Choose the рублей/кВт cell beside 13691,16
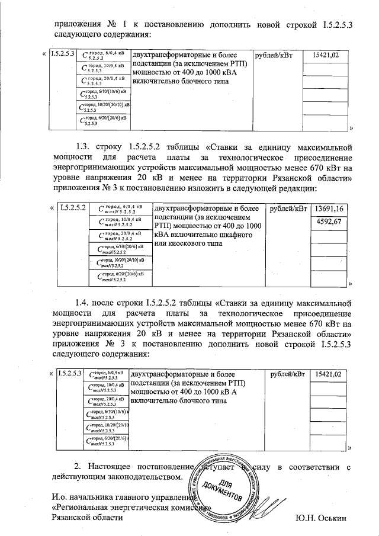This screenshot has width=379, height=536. [x=288, y=209]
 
